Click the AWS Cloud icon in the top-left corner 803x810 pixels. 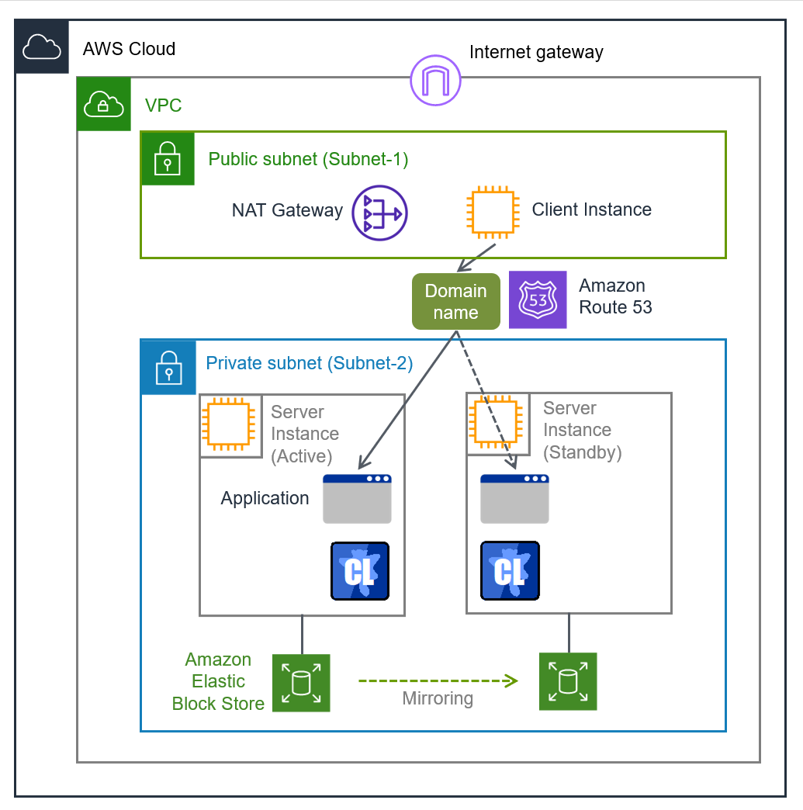[x=42, y=47]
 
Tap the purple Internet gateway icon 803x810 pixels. [x=435, y=80]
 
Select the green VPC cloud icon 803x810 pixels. [x=104, y=104]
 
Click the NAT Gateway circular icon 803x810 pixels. [x=379, y=213]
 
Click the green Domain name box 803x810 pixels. [x=455, y=301]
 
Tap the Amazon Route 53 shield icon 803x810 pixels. [x=538, y=299]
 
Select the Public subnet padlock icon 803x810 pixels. [x=168, y=158]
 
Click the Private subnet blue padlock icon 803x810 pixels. [x=168, y=367]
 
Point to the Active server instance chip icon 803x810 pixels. [x=226, y=425]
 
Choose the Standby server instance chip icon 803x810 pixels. [x=493, y=423]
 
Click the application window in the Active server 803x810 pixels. [x=357, y=499]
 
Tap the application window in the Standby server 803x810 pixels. [x=514, y=499]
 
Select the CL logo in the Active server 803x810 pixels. [x=360, y=572]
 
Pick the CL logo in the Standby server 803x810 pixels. [x=510, y=572]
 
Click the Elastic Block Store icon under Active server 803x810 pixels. [x=301, y=683]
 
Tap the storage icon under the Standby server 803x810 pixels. [x=568, y=681]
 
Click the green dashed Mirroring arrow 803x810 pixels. [x=438, y=681]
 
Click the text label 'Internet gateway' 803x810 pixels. [x=535, y=53]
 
